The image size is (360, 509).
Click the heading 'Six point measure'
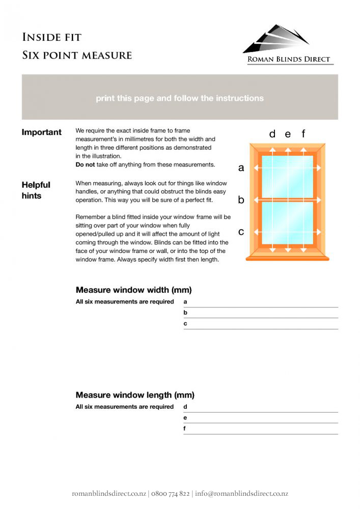click(x=77, y=55)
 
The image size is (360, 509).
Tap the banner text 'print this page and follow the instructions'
click(x=180, y=98)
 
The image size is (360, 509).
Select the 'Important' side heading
click(x=41, y=132)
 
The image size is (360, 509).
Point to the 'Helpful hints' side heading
click(x=36, y=190)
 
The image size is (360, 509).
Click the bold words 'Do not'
click(x=86, y=164)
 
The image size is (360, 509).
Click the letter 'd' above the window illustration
click(x=272, y=134)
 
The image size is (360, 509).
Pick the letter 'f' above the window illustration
click(x=303, y=134)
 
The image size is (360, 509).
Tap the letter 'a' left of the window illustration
click(x=241, y=168)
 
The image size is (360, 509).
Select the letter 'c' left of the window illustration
click(x=241, y=232)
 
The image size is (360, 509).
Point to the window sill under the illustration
click(x=288, y=258)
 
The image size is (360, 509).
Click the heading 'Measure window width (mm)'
click(x=133, y=290)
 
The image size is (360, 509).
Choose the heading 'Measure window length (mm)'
click(x=135, y=395)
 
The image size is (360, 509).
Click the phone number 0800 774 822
click(x=170, y=494)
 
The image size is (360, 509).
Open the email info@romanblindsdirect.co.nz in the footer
click(x=241, y=494)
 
